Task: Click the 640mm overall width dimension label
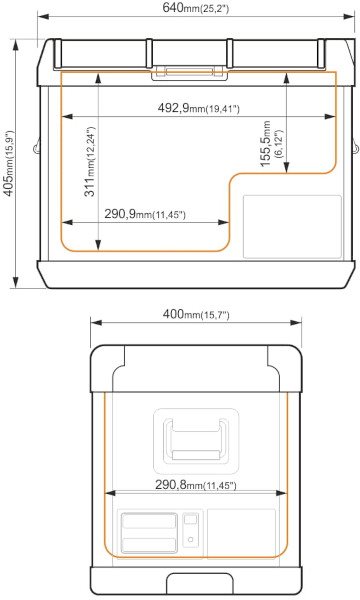coord(195,8)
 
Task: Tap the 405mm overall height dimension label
coord(10,164)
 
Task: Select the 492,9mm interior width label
coord(199,109)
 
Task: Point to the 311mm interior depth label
coord(89,161)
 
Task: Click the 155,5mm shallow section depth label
coord(272,144)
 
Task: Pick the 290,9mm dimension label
coord(145,214)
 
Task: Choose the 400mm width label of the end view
coord(196,315)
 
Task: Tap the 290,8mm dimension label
coord(195,485)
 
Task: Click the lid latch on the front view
coord(189,72)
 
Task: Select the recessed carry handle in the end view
coord(196,441)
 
